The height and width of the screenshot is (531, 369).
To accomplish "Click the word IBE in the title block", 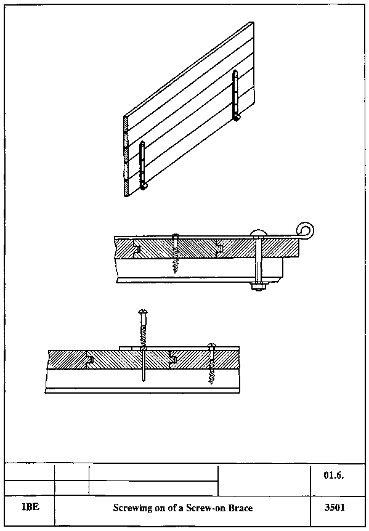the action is (30, 508).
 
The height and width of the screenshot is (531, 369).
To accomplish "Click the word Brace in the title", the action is (241, 508).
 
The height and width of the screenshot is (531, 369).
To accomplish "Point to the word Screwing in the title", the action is (128, 508).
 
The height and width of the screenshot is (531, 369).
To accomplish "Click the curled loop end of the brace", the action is (305, 230).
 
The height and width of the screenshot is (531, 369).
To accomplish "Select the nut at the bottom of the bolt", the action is (259, 287).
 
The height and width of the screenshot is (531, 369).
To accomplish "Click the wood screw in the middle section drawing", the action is (175, 253).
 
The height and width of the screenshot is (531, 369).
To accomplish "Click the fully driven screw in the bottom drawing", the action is (211, 363).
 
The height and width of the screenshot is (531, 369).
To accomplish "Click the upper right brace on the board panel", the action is (236, 95).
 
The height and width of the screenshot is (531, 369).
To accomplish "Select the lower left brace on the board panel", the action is (142, 165).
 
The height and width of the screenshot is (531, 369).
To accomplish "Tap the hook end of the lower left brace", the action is (144, 186).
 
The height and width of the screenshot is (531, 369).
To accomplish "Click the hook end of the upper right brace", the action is (237, 117).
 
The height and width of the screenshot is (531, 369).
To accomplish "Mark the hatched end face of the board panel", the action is (126, 156).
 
